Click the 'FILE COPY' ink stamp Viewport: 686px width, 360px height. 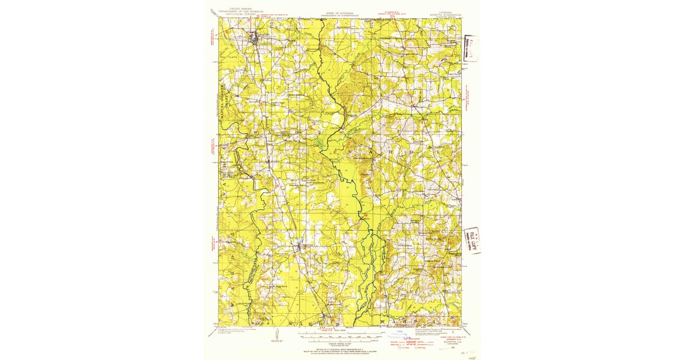pos(472,241)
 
